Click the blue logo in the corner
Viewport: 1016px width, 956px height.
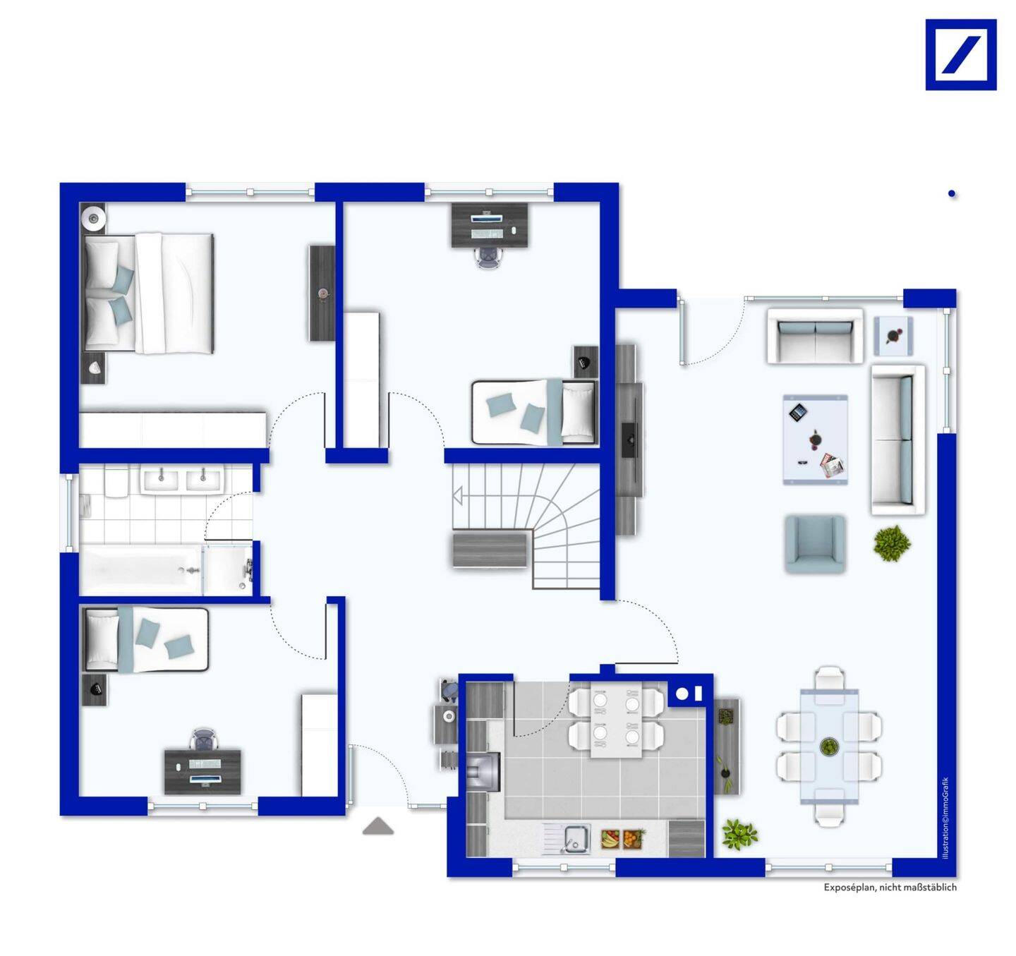pyautogui.click(x=961, y=55)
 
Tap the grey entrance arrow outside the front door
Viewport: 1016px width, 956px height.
pyautogui.click(x=377, y=826)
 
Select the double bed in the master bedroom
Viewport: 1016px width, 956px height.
pyautogui.click(x=148, y=294)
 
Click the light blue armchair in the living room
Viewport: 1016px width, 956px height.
pyautogui.click(x=814, y=543)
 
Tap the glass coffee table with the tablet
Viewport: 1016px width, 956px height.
pyautogui.click(x=816, y=440)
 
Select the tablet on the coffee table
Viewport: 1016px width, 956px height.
pyautogui.click(x=797, y=413)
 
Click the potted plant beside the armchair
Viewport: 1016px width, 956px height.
pyautogui.click(x=893, y=543)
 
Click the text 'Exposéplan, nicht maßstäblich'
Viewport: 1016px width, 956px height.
pyautogui.click(x=890, y=887)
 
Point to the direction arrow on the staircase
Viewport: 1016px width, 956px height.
pyautogui.click(x=458, y=496)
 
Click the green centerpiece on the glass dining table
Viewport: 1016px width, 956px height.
pyautogui.click(x=827, y=747)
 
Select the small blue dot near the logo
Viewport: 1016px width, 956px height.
pyautogui.click(x=952, y=194)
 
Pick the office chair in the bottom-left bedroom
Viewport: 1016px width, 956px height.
pyautogui.click(x=204, y=739)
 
